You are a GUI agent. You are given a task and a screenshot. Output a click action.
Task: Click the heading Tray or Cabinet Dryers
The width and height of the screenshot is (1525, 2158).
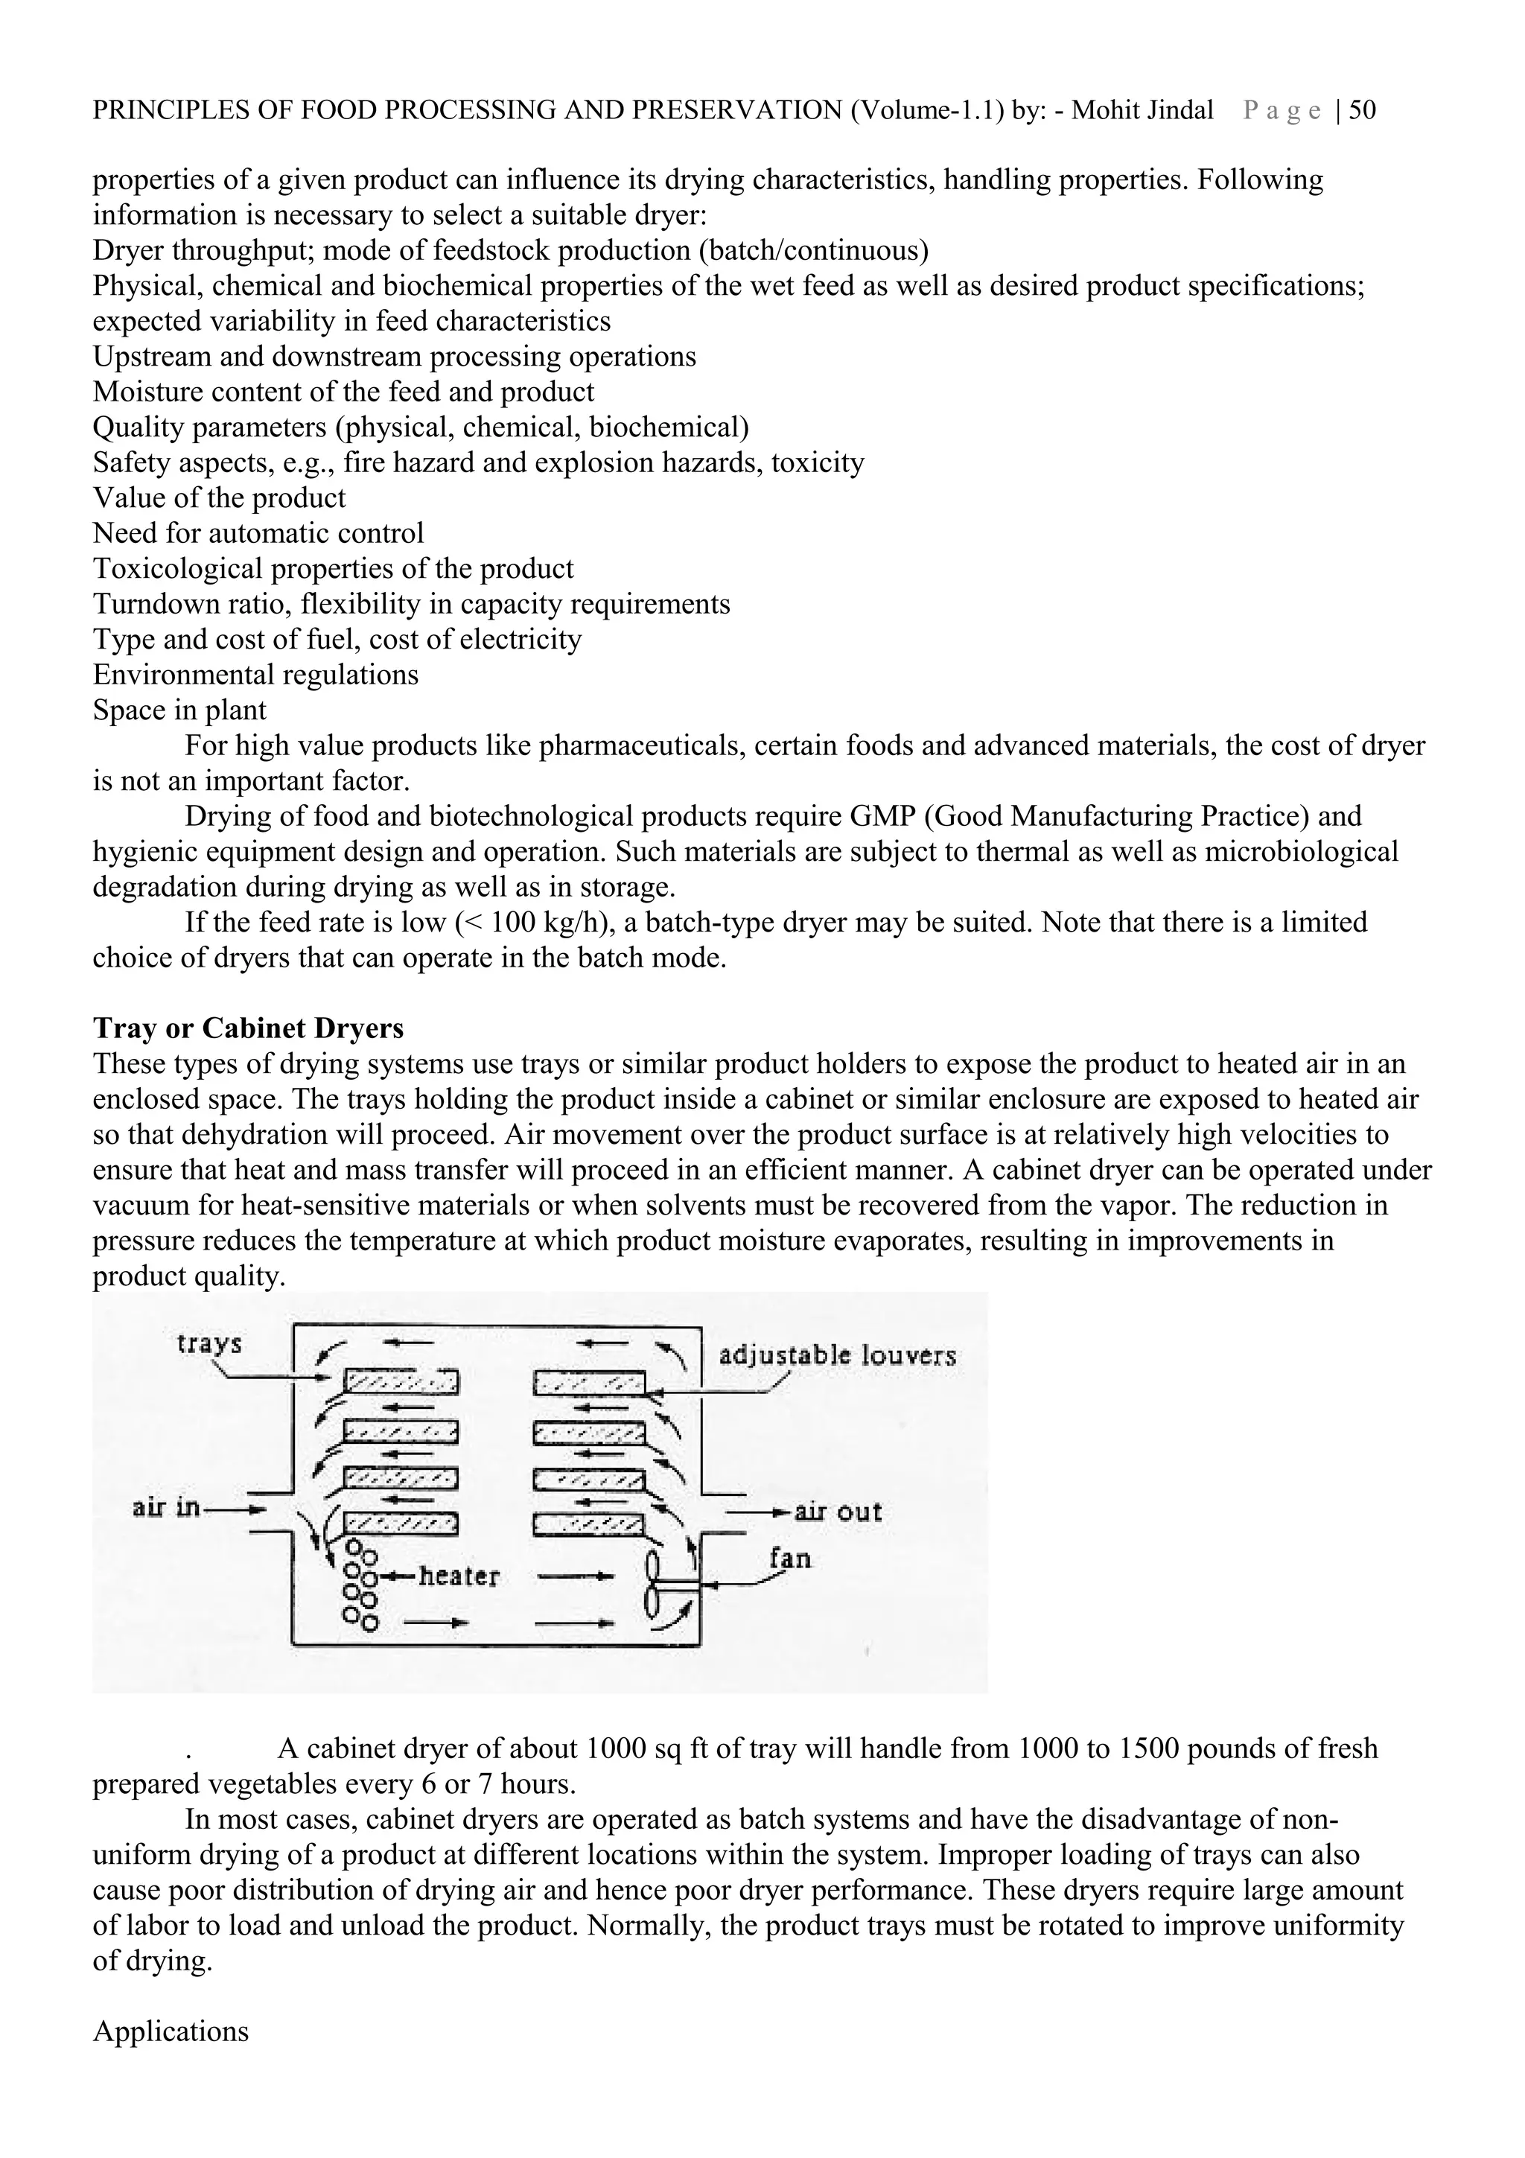tap(248, 1028)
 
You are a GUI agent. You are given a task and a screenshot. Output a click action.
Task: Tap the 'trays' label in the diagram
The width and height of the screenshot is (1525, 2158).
tap(209, 1344)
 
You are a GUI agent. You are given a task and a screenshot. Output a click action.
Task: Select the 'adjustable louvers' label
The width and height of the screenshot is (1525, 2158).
tap(837, 1355)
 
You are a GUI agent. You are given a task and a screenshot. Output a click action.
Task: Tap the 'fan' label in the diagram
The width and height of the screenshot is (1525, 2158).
tap(789, 1559)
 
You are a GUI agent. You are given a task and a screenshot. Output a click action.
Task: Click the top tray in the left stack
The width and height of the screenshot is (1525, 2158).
tap(401, 1381)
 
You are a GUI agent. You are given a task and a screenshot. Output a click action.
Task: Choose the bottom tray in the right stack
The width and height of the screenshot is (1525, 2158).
tap(589, 1524)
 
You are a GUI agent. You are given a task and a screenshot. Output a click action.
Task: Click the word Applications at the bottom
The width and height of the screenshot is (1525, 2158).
tap(170, 2032)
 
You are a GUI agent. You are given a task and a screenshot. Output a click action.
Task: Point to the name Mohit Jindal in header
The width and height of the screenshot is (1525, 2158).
tap(1142, 111)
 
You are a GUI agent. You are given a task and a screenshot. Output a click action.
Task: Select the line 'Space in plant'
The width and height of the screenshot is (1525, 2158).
tap(179, 710)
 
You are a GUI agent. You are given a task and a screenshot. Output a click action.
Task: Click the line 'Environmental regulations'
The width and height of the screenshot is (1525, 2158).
tap(255, 675)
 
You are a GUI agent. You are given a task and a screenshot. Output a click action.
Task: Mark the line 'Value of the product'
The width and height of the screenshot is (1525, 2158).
tap(219, 498)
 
